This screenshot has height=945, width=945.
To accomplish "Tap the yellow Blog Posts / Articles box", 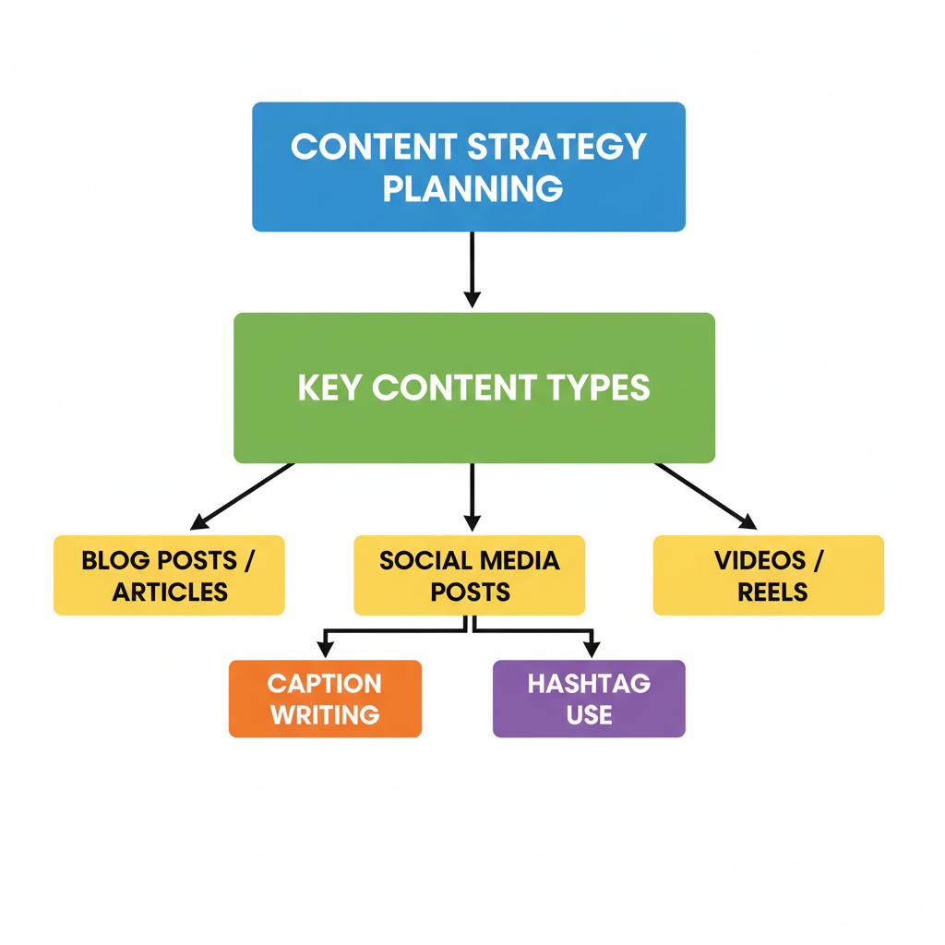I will (x=169, y=575).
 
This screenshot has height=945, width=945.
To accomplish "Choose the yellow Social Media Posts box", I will (x=469, y=575).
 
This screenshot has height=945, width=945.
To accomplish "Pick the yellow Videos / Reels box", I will (x=769, y=575).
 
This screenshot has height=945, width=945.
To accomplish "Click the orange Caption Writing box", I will (x=325, y=699).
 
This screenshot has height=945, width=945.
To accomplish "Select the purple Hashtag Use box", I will (x=589, y=699).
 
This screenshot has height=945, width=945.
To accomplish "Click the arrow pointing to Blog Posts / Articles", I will (x=244, y=495).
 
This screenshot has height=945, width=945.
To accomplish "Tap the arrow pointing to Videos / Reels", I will (x=705, y=496).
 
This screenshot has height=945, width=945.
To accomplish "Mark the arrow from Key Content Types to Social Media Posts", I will (x=472, y=496).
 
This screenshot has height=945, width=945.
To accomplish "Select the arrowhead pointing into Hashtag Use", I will (x=592, y=650).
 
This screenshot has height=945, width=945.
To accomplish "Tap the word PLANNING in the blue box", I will (x=472, y=188).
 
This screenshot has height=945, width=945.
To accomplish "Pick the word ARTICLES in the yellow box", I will (x=170, y=592).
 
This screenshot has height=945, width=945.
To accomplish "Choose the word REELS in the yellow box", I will (x=772, y=592).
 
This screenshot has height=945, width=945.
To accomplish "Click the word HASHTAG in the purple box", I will (x=589, y=684).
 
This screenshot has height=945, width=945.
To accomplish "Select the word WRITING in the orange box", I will (x=324, y=714).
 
